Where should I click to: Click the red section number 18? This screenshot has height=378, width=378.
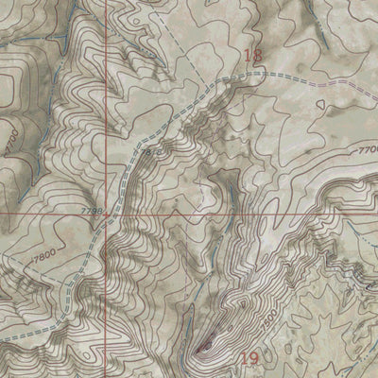click(252, 57)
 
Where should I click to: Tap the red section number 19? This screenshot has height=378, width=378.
click(249, 358)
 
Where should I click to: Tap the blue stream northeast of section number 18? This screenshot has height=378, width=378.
click(312, 38)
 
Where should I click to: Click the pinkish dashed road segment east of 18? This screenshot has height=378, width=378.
click(302, 76)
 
